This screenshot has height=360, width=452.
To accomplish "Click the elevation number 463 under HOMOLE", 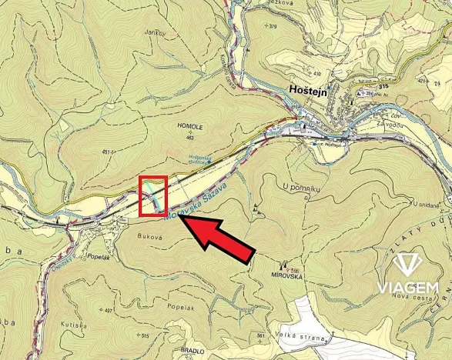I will (189, 138).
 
